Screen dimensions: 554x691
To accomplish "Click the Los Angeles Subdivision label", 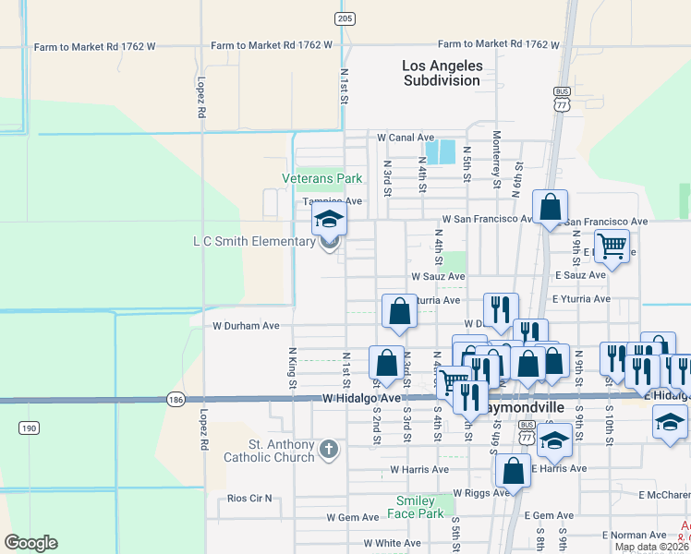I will point(442,73).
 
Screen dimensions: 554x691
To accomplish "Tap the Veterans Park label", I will point(321,178).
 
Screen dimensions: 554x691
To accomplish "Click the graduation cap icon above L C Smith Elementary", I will point(328,220).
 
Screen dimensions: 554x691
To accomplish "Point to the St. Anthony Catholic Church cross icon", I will point(329,450).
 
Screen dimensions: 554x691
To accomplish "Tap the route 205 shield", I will point(345,18).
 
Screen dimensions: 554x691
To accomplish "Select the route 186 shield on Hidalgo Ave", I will point(176,400).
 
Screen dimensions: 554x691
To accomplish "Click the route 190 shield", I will point(28,428).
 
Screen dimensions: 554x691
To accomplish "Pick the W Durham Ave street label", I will point(246,326).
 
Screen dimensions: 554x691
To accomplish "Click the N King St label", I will point(293,367).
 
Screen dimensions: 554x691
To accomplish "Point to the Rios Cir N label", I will point(250,499).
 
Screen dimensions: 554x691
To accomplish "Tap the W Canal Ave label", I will point(406,138).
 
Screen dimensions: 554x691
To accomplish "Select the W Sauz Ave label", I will point(438,276).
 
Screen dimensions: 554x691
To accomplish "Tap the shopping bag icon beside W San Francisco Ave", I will point(550,207).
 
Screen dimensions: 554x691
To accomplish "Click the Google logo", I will point(30,543).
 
